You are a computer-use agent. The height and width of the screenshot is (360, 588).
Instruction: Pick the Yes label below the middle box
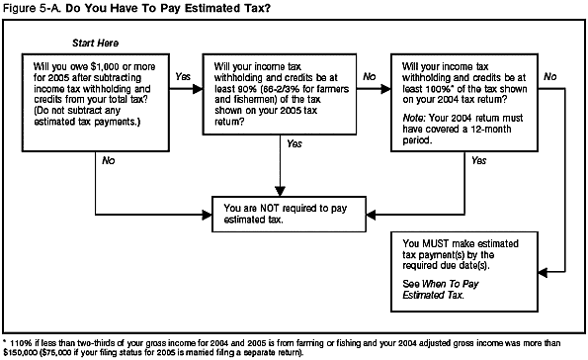coord(294,144)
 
